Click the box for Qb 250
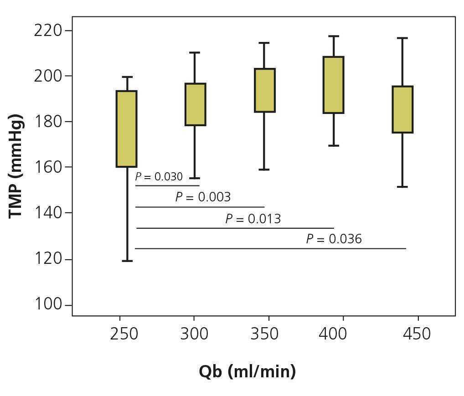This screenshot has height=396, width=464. click(127, 129)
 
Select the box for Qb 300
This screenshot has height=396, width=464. click(195, 104)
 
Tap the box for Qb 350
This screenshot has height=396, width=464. click(265, 90)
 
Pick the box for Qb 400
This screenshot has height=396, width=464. click(334, 85)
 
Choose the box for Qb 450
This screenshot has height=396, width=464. click(403, 109)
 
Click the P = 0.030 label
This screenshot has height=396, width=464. click(159, 177)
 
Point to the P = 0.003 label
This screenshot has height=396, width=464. click(203, 197)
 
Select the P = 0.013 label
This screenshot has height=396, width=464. click(253, 219)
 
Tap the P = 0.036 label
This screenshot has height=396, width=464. click(334, 239)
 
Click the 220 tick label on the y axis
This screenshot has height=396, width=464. click(47, 31)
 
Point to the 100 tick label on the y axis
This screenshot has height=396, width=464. click(47, 304)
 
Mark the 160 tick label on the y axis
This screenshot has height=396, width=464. click(47, 167)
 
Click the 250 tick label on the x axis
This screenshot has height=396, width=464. click(124, 334)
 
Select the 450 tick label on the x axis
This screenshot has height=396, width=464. click(417, 334)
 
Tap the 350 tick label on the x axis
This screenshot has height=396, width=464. click(264, 334)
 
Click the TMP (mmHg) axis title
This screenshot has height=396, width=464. click(16, 166)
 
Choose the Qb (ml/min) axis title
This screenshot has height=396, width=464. click(247, 371)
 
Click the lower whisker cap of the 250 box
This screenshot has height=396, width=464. click(127, 261)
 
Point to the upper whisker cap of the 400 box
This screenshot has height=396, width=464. click(334, 36)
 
